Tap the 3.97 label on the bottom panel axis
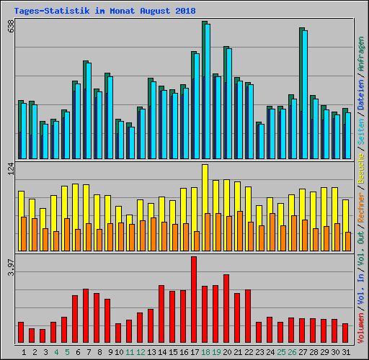coord(10,266)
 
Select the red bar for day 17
coord(194,300)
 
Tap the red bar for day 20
coord(226,309)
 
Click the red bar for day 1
coord(21,333)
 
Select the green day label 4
coord(55,352)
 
